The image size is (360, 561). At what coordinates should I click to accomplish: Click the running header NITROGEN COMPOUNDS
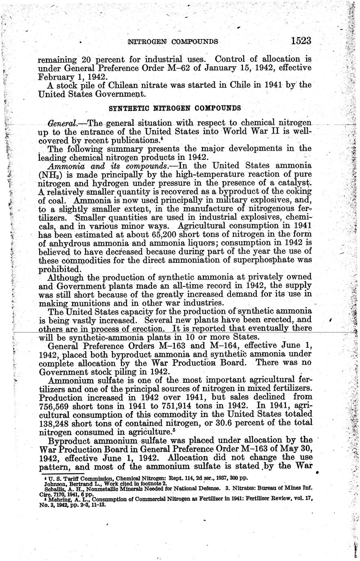click(x=173, y=41)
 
